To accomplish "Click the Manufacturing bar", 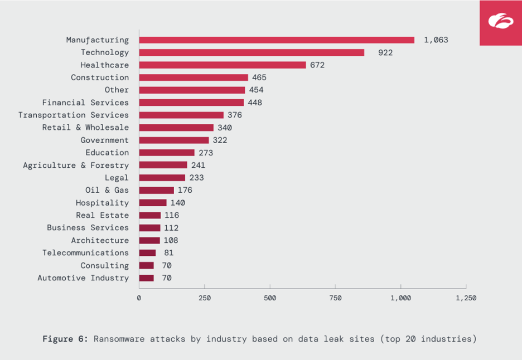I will point(277,40).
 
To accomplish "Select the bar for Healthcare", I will point(223,65).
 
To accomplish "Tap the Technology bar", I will point(252,52).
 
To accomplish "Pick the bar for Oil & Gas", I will point(157,190).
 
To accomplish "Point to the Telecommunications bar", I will point(148,253).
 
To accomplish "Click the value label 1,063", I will point(436,40).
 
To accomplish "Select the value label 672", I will point(317,65).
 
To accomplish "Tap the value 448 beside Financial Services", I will point(255,103).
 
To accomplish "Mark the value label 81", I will point(169,253).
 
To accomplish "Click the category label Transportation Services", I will point(73,115).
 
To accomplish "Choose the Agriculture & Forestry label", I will point(76,165).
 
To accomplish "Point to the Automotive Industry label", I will point(83,278).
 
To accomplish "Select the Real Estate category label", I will point(102,215).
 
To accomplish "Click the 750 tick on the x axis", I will point(335,298).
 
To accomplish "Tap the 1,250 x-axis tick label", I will point(466,298).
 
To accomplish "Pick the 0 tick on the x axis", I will point(139,298).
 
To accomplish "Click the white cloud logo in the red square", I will point(500,22).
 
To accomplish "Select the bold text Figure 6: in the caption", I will point(65,339).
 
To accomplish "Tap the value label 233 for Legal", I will point(196,178).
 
